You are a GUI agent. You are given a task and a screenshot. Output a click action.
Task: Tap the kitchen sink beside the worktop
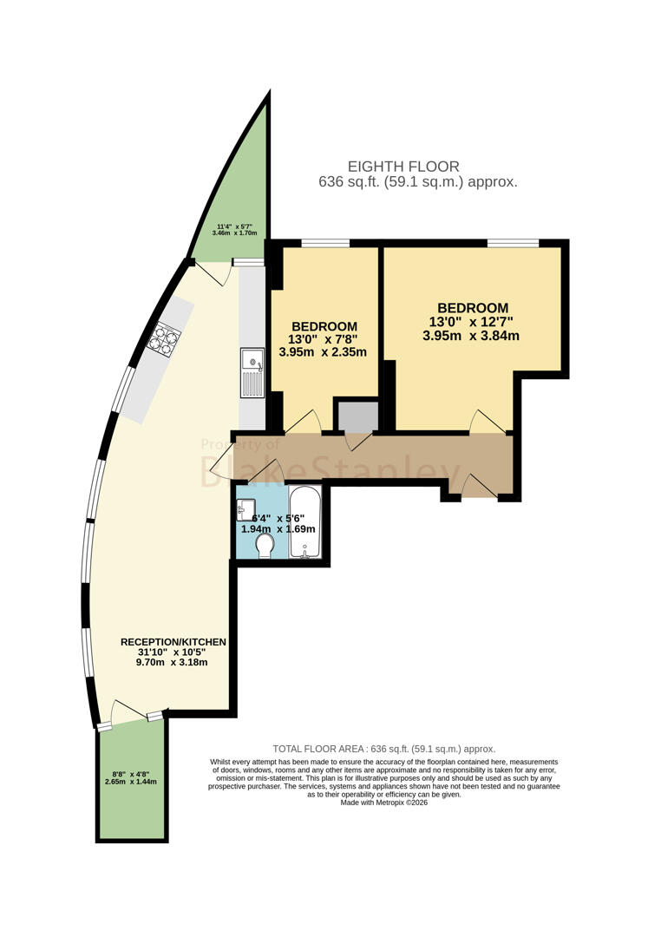coord(252,373)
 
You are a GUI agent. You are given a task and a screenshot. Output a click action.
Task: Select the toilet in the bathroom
coord(265,546)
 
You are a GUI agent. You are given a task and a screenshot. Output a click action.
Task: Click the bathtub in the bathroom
coord(305,521)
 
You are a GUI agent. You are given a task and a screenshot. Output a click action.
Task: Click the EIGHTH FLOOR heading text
coord(404,167)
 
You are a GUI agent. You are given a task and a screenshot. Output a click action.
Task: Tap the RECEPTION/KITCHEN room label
coord(173,642)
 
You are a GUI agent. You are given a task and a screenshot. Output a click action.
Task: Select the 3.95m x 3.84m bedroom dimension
coord(471,336)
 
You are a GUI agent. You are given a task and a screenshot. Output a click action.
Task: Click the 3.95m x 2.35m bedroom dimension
coord(323,352)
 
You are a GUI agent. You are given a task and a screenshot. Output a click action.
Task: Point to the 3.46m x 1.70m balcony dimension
coord(235,233)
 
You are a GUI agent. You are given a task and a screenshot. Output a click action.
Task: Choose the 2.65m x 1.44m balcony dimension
coord(131,782)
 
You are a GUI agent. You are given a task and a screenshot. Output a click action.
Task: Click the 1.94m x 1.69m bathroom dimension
coord(278,529)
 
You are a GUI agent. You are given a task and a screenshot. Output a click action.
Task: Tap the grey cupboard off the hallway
coord(358,416)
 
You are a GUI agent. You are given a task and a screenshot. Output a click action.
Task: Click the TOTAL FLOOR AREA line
coord(384,749)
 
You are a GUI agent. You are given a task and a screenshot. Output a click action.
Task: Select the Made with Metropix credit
coord(384,803)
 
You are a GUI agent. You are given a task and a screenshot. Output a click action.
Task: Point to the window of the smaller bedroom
coord(324,243)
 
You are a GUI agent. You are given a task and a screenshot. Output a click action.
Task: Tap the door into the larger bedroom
coord(488,422)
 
